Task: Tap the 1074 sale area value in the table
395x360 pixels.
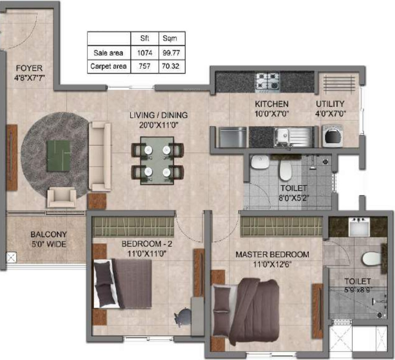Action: pos(144,53)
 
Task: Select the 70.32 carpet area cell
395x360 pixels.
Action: pos(171,66)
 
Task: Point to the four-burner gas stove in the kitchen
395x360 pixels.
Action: pos(269,81)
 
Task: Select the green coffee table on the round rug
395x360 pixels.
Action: pos(58,156)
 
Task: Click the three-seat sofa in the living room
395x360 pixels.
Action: pos(100,150)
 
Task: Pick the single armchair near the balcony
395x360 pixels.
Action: pos(61,197)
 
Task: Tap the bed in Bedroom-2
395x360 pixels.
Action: pos(122,284)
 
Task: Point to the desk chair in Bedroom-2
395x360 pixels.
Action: pos(182,316)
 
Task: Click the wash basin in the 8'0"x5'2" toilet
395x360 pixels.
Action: pos(259,163)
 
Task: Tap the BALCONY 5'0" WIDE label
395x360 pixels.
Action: pos(48,239)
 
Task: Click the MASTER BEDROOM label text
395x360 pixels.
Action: pos(272,255)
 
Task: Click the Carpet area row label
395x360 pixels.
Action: pos(109,66)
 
